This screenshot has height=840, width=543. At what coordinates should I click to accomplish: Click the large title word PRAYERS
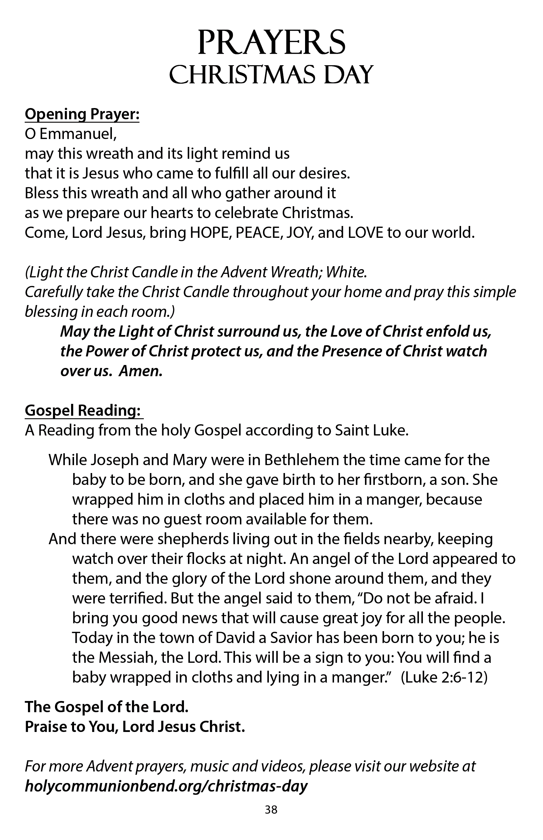pos(271,43)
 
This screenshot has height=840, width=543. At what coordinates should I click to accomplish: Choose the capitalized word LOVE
pos(366,233)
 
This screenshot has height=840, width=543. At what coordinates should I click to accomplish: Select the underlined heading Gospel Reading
pos(83,410)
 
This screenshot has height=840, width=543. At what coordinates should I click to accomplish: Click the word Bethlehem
pos(301,460)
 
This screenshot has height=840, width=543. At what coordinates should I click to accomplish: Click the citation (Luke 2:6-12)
pos(444,677)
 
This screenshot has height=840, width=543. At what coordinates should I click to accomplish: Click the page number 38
pos(271,810)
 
